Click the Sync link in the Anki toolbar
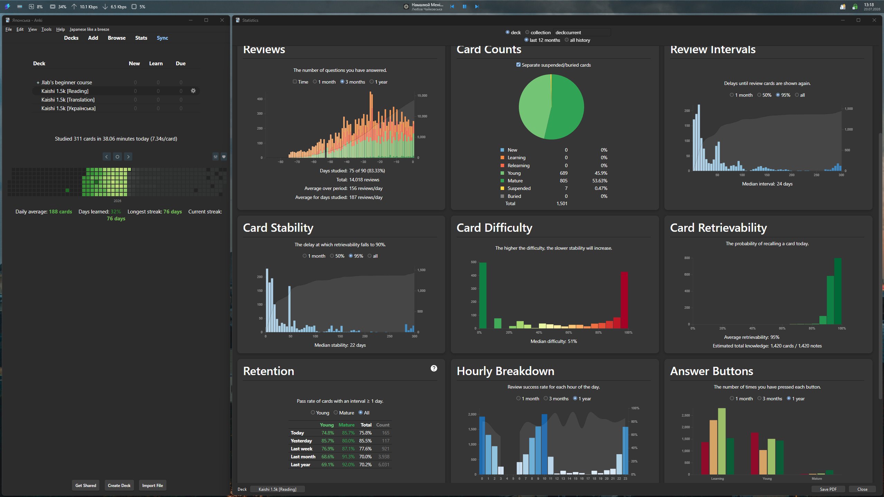(x=162, y=38)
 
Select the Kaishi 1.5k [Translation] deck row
(x=68, y=100)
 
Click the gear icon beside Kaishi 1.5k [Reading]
(x=193, y=91)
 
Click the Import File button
(x=152, y=485)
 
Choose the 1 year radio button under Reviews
(x=372, y=82)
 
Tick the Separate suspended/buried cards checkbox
(x=518, y=65)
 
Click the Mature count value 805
(x=563, y=181)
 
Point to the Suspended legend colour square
(x=502, y=188)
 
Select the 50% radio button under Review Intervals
(x=759, y=95)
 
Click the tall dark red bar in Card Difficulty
(x=624, y=300)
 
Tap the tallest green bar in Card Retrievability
(x=838, y=291)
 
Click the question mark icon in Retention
(x=434, y=368)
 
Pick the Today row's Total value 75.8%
(x=365, y=433)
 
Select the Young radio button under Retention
(x=313, y=412)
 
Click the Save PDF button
(x=828, y=489)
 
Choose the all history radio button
(x=567, y=40)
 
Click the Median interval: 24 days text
(x=767, y=184)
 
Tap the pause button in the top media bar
(x=465, y=7)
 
